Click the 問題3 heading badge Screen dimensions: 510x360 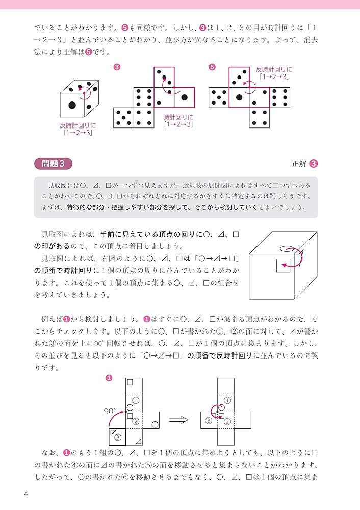click(x=53, y=164)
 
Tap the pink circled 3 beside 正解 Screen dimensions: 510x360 click(x=314, y=164)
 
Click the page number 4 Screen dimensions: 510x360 click(x=26, y=494)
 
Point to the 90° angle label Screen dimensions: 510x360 click(x=110, y=410)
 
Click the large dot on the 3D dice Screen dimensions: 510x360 click(x=72, y=106)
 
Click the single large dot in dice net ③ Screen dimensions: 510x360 click(x=184, y=97)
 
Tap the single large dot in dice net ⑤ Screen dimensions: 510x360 click(x=239, y=97)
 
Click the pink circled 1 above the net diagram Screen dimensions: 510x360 click(x=108, y=378)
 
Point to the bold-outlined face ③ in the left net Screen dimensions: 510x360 click(x=117, y=437)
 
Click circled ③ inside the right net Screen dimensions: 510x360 click(x=208, y=421)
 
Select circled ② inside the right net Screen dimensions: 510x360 click(x=227, y=421)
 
